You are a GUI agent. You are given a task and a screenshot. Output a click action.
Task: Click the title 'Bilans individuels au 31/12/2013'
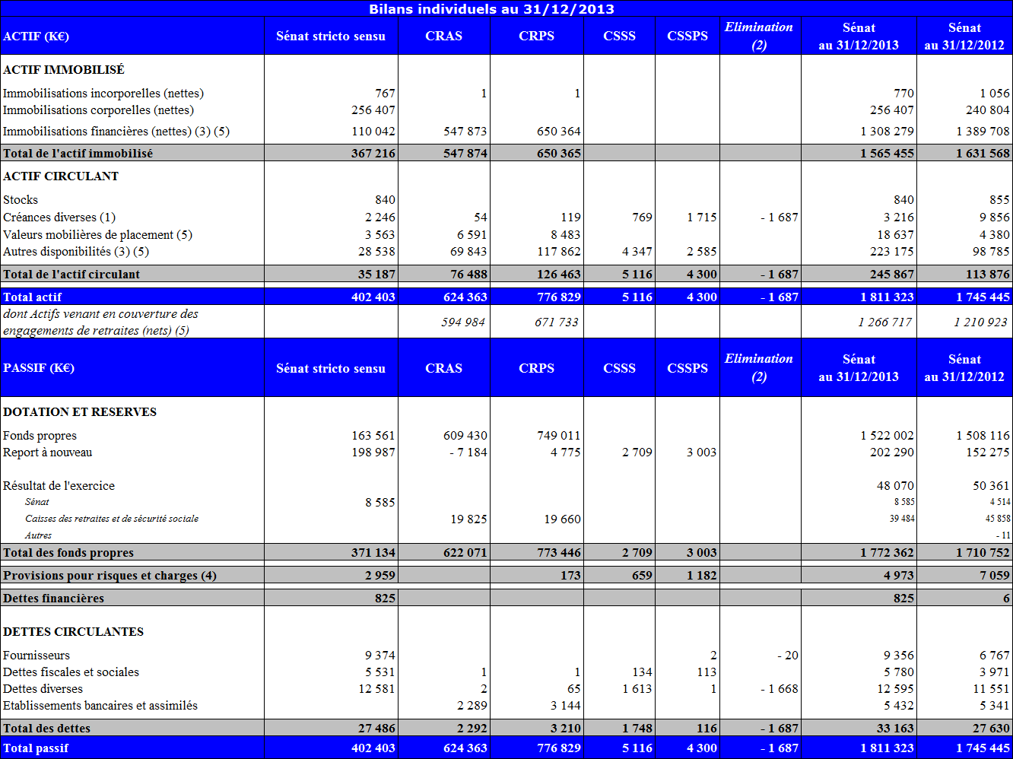pyautogui.click(x=491, y=9)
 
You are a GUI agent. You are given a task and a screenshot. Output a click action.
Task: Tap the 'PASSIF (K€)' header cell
pyautogui.click(x=39, y=368)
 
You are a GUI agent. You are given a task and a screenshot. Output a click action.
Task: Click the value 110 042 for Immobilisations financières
pyautogui.click(x=373, y=132)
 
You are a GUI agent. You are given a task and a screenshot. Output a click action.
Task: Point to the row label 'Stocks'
pyautogui.click(x=21, y=200)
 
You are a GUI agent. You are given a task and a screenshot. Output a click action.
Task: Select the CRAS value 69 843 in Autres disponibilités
pyautogui.click(x=465, y=252)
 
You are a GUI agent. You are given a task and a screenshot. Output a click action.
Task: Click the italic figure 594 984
pyautogui.click(x=463, y=322)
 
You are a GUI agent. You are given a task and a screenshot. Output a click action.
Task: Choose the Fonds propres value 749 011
pyautogui.click(x=558, y=436)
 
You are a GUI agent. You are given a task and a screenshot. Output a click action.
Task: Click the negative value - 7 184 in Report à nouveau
pyautogui.click(x=465, y=453)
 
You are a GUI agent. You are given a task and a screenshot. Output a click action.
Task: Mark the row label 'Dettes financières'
pyautogui.click(x=53, y=599)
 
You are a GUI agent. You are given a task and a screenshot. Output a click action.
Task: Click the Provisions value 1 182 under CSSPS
pyautogui.click(x=701, y=576)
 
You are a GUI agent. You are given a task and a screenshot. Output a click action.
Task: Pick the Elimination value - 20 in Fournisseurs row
pyautogui.click(x=786, y=656)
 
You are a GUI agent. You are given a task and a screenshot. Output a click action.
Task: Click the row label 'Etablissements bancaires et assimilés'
pyautogui.click(x=100, y=706)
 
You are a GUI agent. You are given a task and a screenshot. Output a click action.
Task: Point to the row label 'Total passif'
pyautogui.click(x=36, y=748)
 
